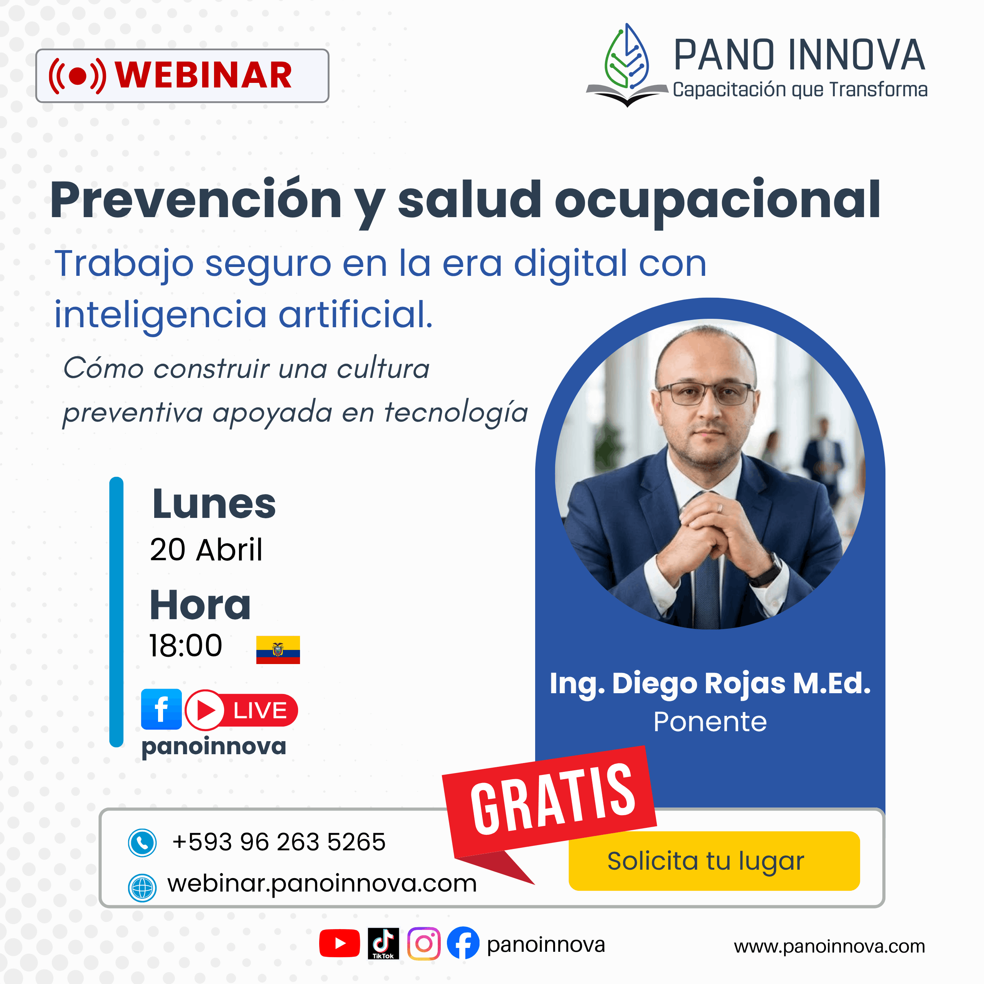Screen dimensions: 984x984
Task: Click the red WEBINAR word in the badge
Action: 204,75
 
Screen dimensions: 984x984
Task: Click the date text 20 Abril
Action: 206,550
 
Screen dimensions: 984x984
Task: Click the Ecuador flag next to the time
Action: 278,649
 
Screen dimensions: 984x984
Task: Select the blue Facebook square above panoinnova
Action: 162,709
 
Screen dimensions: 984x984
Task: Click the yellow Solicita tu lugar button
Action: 714,861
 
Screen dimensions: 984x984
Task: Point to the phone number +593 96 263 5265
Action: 279,842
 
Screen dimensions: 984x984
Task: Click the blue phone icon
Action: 142,843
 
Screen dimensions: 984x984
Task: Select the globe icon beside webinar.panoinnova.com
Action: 142,888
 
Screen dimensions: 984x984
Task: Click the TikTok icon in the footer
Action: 383,943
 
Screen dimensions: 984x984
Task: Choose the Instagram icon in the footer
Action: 424,943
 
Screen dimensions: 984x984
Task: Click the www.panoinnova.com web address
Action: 829,946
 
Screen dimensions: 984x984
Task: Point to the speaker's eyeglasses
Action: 705,394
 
